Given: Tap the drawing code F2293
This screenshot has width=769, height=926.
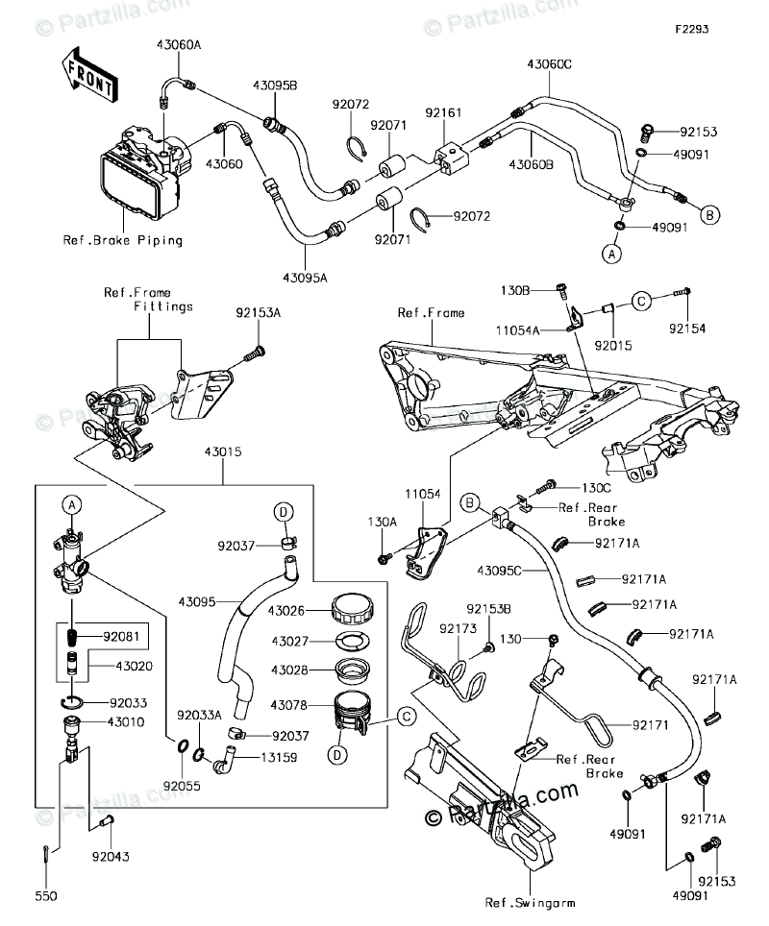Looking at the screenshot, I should tap(690, 29).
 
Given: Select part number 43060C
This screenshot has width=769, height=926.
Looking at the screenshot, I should tap(548, 65).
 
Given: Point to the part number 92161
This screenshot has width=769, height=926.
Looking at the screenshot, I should tap(444, 113).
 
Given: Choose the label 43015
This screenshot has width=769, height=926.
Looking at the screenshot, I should tap(223, 451).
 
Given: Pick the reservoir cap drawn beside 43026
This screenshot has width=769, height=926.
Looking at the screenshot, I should tap(350, 609).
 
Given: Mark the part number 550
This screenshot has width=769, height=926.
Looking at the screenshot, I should tap(46, 895).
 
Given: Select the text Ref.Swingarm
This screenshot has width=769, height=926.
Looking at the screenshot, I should tap(525, 901).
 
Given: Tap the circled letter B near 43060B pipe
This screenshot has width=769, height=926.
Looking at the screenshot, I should tap(708, 213).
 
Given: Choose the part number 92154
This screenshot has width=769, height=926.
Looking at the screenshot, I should tap(687, 329).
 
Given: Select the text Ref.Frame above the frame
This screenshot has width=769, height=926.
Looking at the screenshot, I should tap(431, 313).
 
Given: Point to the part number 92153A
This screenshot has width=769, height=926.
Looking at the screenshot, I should tap(258, 312).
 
